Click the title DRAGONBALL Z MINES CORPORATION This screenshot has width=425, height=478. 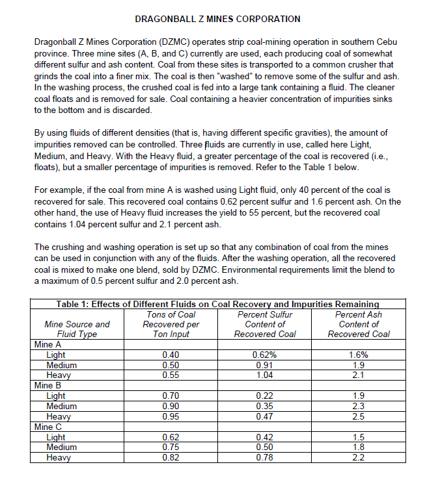(x=212, y=19)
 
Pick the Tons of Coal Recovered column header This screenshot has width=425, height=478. (x=171, y=324)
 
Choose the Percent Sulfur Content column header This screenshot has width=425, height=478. (x=265, y=324)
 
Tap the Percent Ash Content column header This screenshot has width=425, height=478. (x=359, y=324)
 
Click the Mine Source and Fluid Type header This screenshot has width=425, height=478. (x=77, y=329)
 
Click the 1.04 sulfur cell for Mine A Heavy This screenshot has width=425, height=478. (x=265, y=375)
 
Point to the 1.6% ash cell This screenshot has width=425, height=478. (x=359, y=355)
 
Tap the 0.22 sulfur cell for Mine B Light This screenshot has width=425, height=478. (x=265, y=396)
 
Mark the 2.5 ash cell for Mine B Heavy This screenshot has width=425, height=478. (x=359, y=416)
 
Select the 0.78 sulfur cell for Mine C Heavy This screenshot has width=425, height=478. (x=265, y=457)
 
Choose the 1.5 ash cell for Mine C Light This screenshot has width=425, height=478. (x=359, y=437)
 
